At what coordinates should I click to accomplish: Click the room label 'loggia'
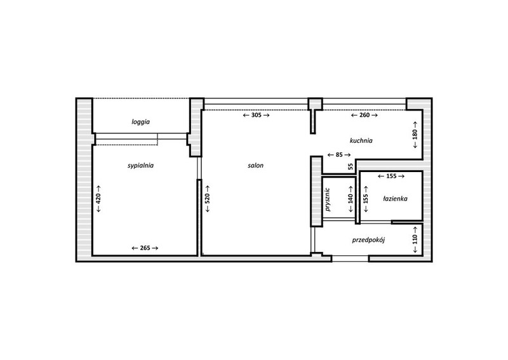tap(140, 122)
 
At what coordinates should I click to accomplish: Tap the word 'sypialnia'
tap(140, 166)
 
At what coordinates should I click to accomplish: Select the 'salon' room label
tap(256, 166)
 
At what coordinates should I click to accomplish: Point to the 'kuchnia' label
tap(361, 140)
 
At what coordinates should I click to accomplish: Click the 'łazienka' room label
tap(395, 199)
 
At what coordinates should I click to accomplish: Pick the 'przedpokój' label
tap(368, 240)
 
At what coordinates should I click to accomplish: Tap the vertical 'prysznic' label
tap(328, 199)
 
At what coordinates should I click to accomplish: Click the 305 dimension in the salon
tap(257, 115)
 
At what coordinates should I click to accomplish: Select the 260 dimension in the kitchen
tap(364, 115)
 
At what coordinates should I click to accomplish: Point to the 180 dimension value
tap(415, 135)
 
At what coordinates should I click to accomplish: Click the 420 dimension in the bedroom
tap(99, 199)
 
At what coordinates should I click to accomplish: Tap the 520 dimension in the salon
tap(208, 199)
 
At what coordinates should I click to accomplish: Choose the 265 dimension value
tap(145, 248)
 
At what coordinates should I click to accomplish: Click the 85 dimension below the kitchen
tap(339, 155)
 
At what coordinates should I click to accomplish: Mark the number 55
tap(351, 166)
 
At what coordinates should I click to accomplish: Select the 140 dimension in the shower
tap(351, 199)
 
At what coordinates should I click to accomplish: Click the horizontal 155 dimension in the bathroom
tap(391, 177)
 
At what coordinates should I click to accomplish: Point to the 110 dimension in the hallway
tap(415, 239)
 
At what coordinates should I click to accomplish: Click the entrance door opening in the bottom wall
tap(351, 258)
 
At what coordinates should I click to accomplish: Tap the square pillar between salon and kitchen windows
tap(315, 103)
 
